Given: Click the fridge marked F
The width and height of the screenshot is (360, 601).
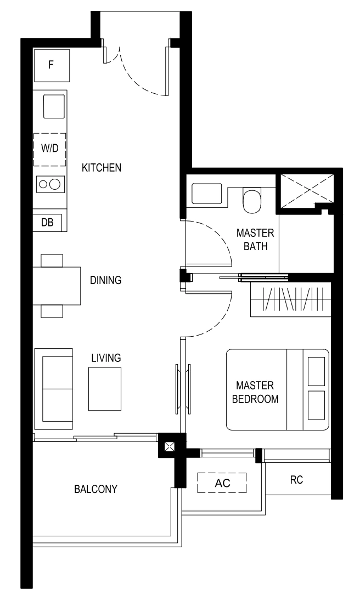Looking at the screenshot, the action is pos(52,65).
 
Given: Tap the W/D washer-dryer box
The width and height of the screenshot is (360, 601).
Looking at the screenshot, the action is pos(49,150).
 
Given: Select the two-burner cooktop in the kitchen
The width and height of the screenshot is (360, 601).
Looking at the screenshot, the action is pos(50,184).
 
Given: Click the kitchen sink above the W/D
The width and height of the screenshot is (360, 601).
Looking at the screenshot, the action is pos(54,106).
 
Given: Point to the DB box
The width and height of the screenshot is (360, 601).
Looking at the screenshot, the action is pos(47,222).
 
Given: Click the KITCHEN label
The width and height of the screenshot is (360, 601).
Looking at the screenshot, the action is pos(102,167).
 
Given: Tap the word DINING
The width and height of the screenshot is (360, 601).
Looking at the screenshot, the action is pos(105,280).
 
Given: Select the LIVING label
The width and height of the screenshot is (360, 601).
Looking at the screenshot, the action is pos(106,358).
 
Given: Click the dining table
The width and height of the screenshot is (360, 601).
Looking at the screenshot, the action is pos(57,286).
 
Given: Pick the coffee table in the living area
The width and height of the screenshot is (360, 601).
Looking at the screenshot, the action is pos(105,389).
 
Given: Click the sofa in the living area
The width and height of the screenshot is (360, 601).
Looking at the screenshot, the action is pos(53,389).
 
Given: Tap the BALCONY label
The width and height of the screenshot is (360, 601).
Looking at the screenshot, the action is pos(95,489).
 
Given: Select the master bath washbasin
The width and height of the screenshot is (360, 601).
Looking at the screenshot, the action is pos(207,194).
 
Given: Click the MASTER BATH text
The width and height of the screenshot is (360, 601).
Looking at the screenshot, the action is pos(255,240).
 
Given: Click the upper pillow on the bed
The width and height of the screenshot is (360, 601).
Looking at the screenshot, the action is pos(316,371).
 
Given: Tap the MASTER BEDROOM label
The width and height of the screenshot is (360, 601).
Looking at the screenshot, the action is pos(255,392).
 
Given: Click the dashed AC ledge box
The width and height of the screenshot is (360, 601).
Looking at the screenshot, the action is pos(222,483).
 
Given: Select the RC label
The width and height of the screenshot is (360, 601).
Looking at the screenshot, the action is pos(296,480).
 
